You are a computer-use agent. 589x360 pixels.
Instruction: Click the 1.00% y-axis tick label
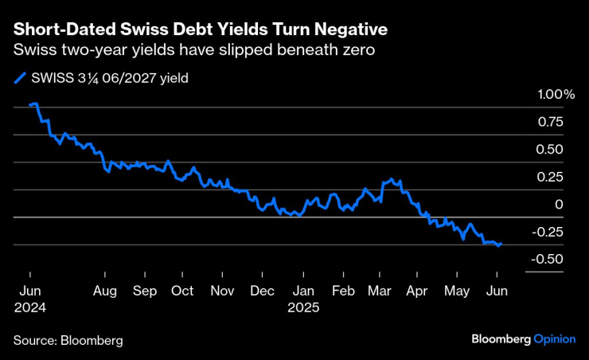[556, 95]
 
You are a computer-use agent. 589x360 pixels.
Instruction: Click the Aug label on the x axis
[105, 291]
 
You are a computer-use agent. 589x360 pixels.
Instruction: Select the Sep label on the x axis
[145, 291]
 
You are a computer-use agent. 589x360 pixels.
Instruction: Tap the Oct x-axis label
[182, 291]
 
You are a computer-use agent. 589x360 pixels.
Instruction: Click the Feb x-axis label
[342, 291]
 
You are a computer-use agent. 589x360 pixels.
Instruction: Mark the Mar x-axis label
[380, 291]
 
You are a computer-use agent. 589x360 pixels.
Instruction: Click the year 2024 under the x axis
[29, 307]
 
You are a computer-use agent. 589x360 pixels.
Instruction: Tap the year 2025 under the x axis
[304, 307]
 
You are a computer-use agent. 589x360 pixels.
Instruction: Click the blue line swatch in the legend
[20, 78]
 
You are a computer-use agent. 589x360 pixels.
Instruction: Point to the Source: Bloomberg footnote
[68, 340]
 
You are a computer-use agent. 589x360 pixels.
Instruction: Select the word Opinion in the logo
[554, 338]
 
